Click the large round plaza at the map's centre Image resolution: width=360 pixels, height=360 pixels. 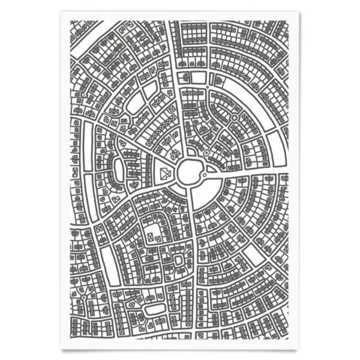tap(189, 173)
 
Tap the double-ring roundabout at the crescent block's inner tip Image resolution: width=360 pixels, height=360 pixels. tap(235, 118)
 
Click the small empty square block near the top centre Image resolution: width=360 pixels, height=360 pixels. tap(186, 77)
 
